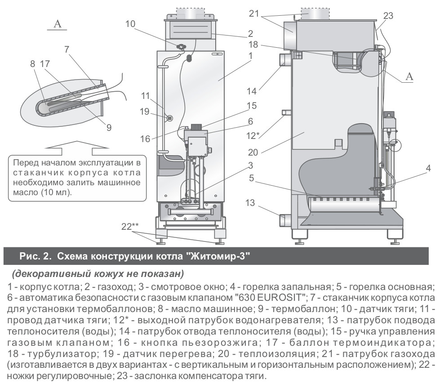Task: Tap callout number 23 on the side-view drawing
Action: [x=388, y=16]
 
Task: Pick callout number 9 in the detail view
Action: [x=109, y=127]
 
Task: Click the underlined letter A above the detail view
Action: [x=57, y=24]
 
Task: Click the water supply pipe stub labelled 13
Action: [x=285, y=221]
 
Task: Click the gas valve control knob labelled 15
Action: [x=196, y=127]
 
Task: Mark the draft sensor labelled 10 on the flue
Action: [x=182, y=46]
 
